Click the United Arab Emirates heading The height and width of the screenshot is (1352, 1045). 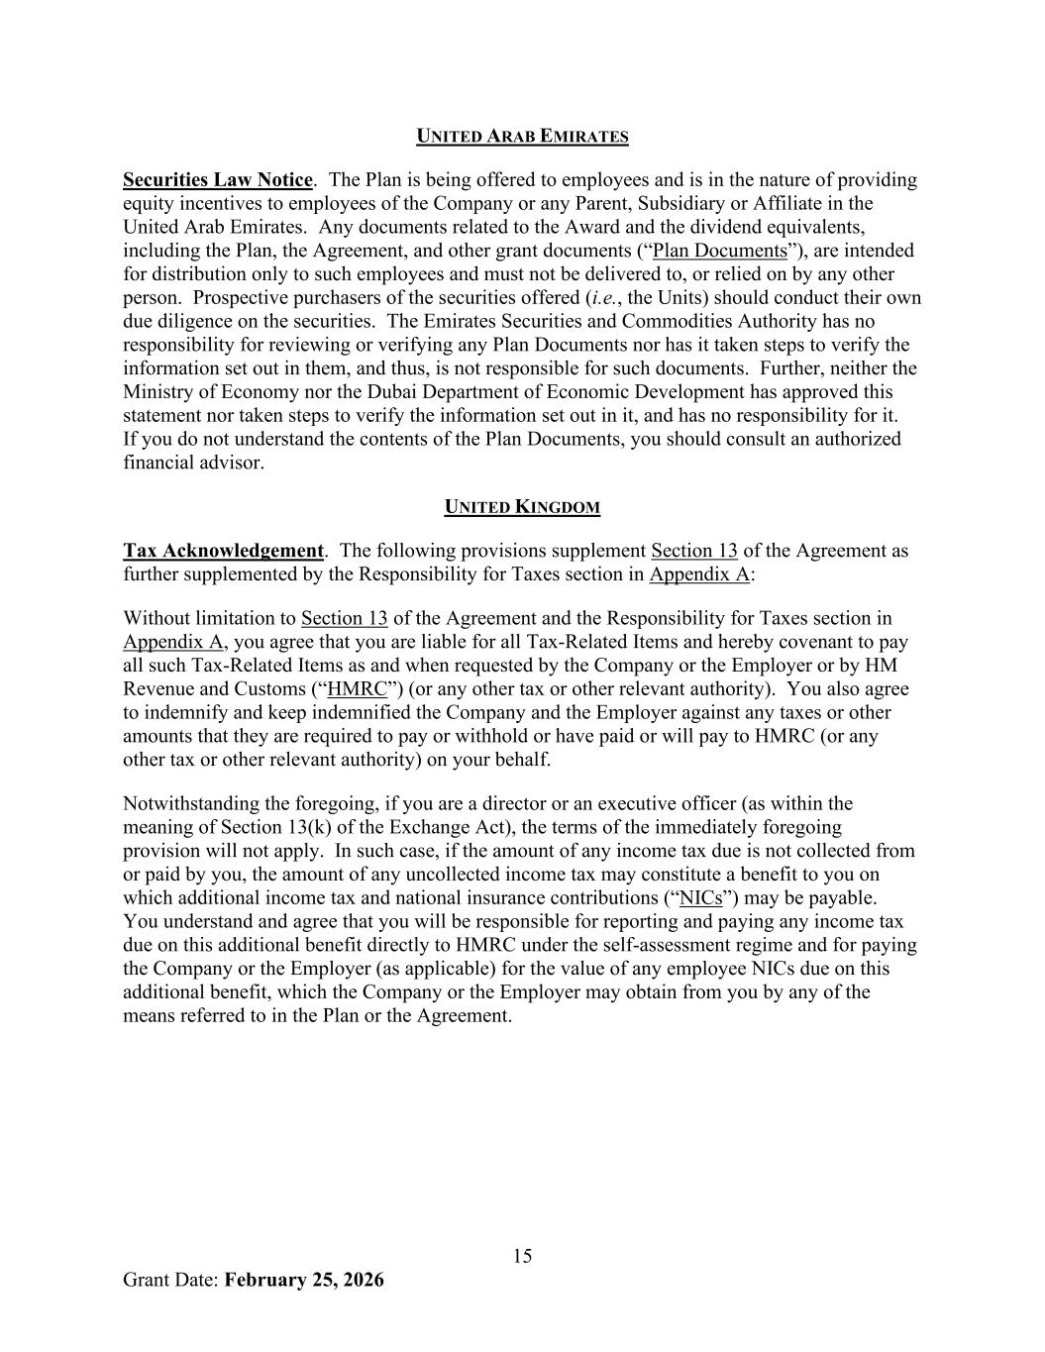point(522,137)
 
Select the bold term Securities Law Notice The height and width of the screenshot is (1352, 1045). point(217,180)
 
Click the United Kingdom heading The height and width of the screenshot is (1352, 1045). point(522,508)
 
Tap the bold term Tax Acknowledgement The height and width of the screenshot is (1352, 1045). point(223,551)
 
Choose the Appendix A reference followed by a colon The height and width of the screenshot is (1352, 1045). point(698,574)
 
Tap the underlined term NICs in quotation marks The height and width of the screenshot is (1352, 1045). point(700,898)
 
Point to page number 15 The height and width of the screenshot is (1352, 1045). point(522,1257)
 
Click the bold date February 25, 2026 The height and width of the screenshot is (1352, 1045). point(304,1280)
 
